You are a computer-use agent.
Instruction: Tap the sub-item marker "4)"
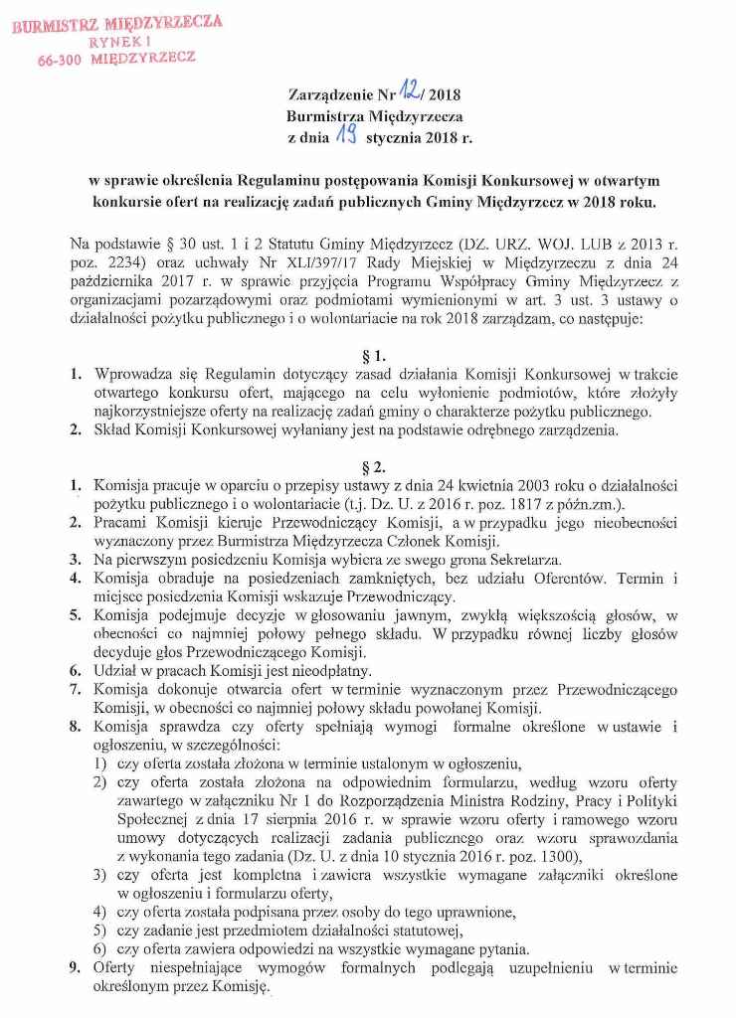tap(99, 912)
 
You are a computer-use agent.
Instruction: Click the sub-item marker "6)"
tap(99, 948)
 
